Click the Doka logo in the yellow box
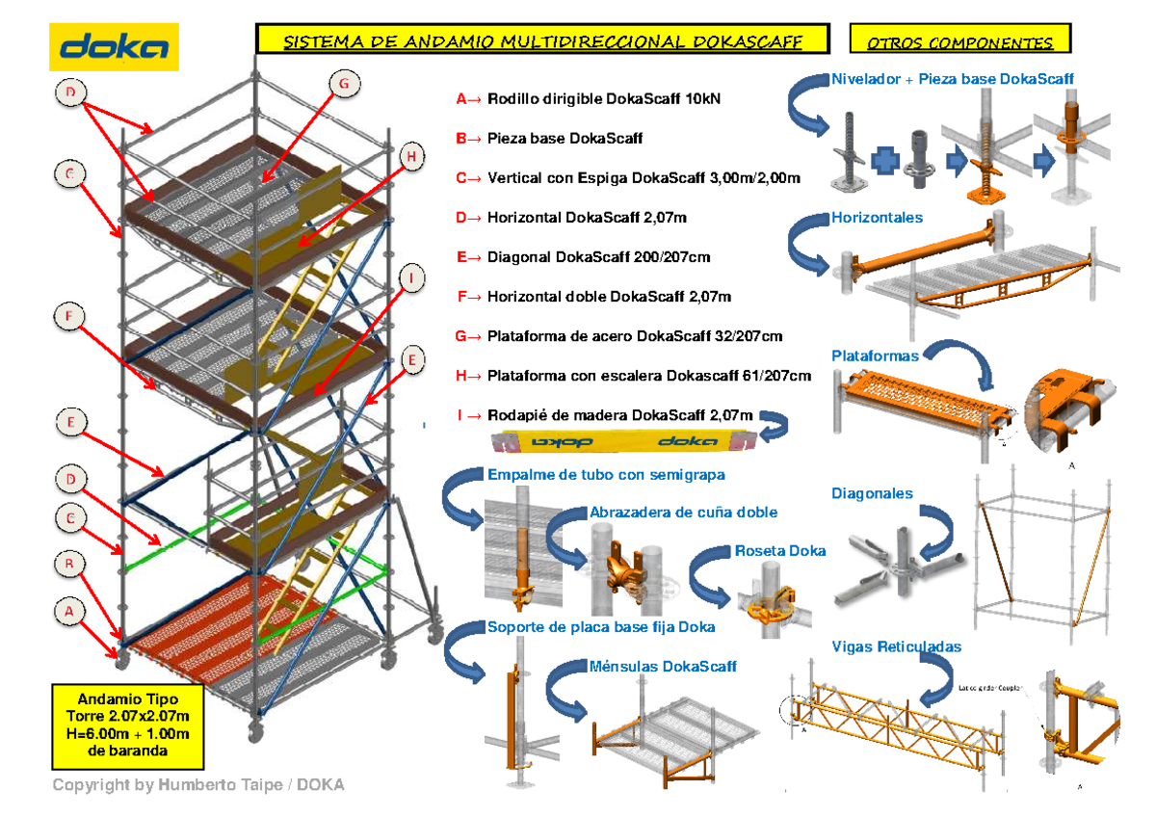[x=114, y=46]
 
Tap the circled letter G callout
[x=343, y=85]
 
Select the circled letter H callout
[x=410, y=157]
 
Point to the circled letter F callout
[x=69, y=317]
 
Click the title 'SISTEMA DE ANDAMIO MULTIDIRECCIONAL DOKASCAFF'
[x=541, y=41]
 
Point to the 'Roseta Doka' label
[x=779, y=551]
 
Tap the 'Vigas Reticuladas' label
[x=896, y=646]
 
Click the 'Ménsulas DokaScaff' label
[x=662, y=666]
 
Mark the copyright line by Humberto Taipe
[x=197, y=785]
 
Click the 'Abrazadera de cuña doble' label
[x=682, y=513]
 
